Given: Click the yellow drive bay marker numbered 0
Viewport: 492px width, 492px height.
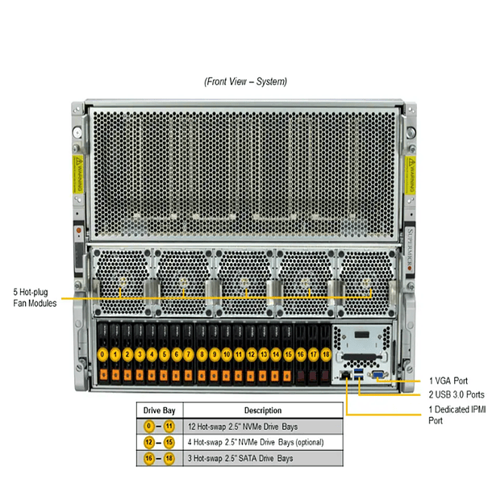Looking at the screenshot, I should click(102, 354).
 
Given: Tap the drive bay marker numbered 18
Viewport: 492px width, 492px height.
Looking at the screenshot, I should click(326, 354).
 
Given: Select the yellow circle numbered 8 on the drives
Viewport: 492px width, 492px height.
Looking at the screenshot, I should click(202, 354).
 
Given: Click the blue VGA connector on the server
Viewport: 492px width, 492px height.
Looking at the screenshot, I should click(375, 374).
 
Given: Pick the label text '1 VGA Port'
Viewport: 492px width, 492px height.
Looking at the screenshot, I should click(449, 380).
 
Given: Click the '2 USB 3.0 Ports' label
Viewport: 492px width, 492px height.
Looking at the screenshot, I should click(456, 394).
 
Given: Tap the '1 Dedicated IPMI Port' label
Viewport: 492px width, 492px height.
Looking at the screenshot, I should click(457, 415).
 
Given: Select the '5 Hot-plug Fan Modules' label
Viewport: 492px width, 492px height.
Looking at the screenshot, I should click(35, 298).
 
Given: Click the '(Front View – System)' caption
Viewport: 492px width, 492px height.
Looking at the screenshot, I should click(246, 81).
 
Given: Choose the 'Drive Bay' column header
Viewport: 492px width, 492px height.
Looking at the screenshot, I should click(159, 410).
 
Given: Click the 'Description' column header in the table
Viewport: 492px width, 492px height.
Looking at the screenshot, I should click(261, 410).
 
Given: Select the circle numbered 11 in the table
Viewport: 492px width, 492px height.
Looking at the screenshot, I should click(169, 426).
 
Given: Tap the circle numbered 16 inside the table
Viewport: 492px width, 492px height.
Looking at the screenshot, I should click(147, 458).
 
